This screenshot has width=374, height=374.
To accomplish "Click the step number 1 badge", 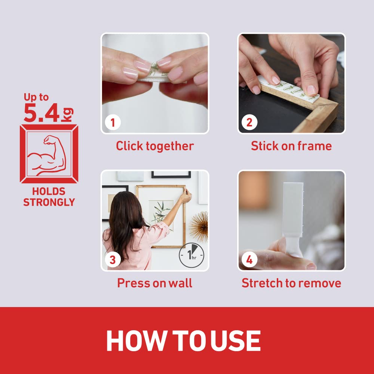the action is coord(113,122).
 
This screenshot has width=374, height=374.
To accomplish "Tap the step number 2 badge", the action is coord(249,122).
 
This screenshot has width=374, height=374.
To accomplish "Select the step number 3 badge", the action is coord(113,260).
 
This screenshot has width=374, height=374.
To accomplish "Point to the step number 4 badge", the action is coord(249,260).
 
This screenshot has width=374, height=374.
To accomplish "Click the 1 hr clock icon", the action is coord(191,255).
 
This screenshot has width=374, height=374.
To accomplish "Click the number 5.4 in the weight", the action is coord(42,113).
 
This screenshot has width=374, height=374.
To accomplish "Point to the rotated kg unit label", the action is coord(67,114).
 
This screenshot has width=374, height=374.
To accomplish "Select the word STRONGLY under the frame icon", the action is coord(49,202).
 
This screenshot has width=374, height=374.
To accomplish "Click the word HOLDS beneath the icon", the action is coord(49,191).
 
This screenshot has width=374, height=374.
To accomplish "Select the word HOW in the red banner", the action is coord(137,341).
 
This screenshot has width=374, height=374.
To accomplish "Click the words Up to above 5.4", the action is coord(36,97).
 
